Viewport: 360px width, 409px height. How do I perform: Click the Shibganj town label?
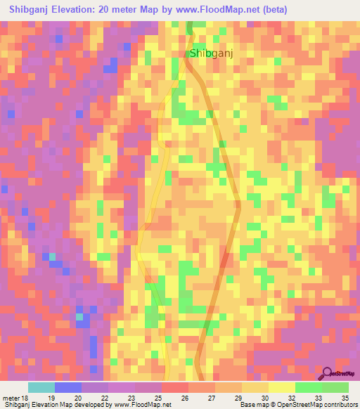(211, 53)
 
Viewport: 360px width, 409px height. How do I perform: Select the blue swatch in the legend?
(68, 387)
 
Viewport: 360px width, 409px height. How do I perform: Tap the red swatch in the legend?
(174, 387)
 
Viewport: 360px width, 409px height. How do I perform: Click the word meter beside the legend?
(11, 398)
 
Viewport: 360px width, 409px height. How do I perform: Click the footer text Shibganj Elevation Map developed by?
(56, 405)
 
